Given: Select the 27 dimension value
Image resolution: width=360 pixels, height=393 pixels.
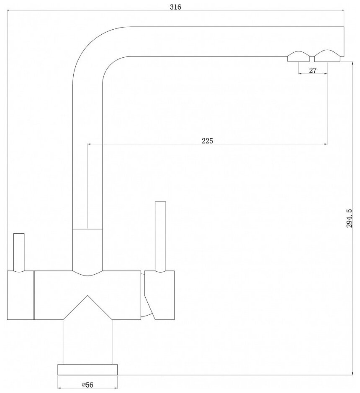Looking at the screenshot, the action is point(312,70).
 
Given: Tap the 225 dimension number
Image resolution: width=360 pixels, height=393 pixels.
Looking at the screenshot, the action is point(207,141).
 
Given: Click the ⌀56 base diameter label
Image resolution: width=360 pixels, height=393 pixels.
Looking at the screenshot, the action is point(87,385).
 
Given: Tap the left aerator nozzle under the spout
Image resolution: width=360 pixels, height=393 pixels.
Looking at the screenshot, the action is point(298,56).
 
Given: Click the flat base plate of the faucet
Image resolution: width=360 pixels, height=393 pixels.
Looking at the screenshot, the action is point(87,369).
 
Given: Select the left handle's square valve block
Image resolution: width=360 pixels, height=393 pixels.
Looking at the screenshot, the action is point(20,295).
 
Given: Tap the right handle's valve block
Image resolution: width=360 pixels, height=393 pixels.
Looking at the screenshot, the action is point(161,295).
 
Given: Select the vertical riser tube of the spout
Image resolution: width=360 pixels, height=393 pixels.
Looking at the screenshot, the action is point(87,167).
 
